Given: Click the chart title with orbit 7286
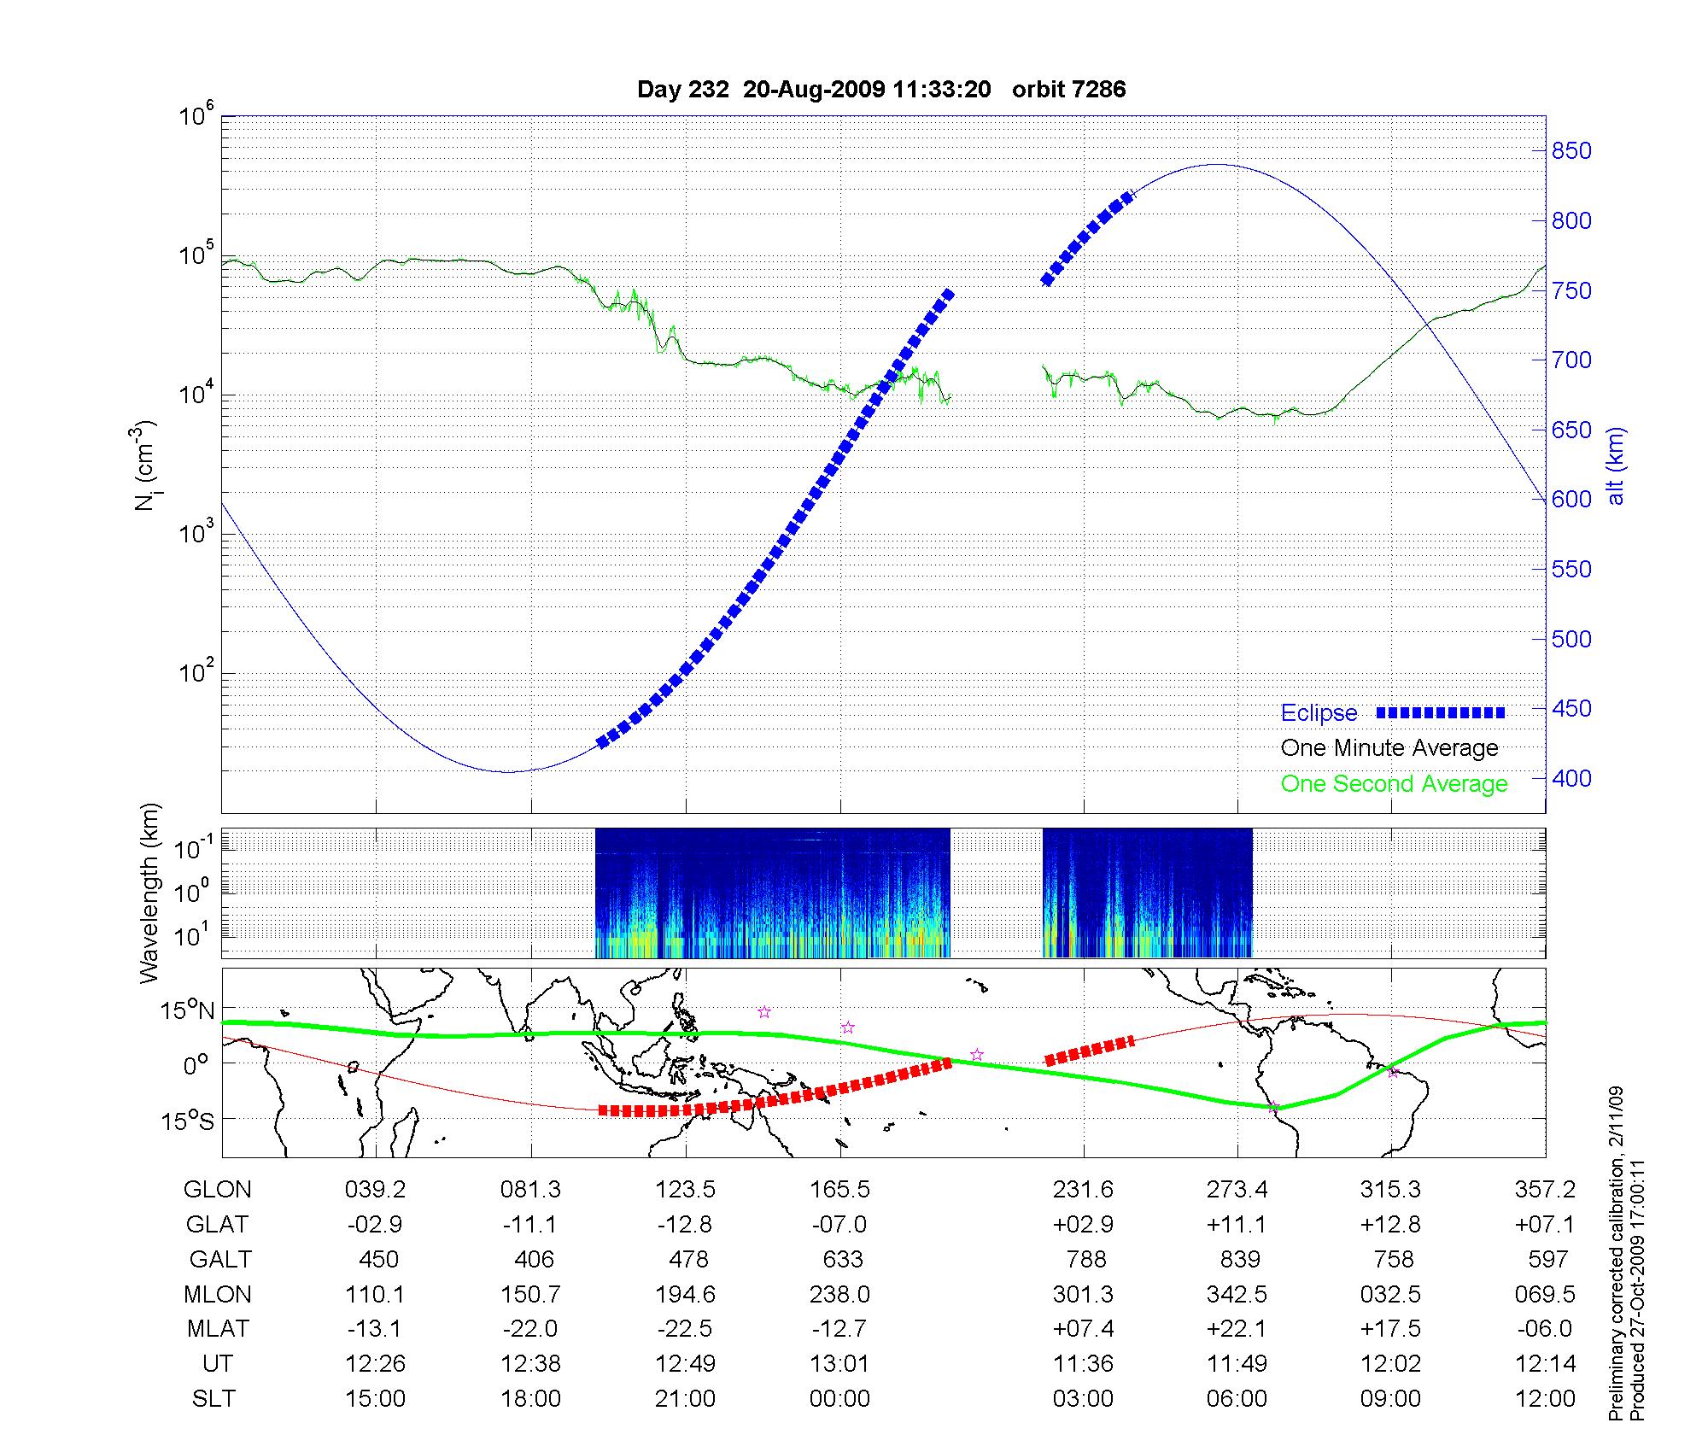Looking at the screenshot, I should click(x=881, y=90).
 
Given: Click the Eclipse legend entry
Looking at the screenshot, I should click(x=1319, y=713).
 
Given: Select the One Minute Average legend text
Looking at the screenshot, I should click(x=1389, y=748).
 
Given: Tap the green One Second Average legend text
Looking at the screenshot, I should click(x=1394, y=784).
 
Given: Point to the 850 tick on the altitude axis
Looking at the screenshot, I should click(x=1572, y=151).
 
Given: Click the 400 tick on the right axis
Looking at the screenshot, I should click(x=1572, y=778).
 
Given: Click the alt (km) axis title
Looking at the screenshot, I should click(x=1616, y=466).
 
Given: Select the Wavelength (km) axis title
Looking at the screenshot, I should click(x=150, y=893).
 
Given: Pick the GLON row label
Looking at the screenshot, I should click(x=218, y=1190).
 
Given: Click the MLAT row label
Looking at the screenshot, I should click(x=218, y=1329).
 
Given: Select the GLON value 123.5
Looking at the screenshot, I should click(x=685, y=1190).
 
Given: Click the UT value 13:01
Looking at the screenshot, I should click(x=840, y=1363).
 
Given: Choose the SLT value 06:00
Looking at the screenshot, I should click(x=1237, y=1398).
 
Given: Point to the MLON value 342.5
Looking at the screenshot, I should click(x=1237, y=1294).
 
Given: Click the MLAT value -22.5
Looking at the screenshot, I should click(x=685, y=1329).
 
